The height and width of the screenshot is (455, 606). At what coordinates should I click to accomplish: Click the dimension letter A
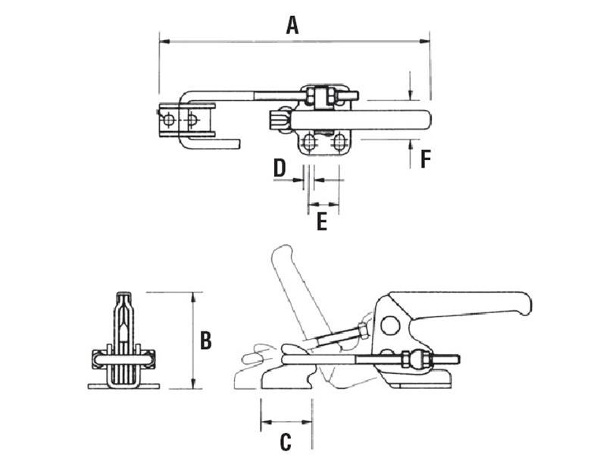click(292, 25)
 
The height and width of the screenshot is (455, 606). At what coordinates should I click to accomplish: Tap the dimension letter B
click(205, 340)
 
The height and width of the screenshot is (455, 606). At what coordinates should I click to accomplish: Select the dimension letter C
click(286, 441)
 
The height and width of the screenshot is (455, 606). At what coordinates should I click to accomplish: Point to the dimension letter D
click(280, 168)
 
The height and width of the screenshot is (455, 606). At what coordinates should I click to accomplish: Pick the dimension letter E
click(322, 221)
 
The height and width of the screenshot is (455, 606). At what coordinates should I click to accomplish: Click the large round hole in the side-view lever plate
click(389, 326)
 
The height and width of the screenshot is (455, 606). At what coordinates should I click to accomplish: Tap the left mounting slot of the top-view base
click(310, 142)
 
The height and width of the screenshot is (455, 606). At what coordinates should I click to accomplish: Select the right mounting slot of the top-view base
click(339, 142)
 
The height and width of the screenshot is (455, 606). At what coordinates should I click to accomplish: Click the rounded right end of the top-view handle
click(426, 120)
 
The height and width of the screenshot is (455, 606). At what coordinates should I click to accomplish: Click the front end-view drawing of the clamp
click(123, 345)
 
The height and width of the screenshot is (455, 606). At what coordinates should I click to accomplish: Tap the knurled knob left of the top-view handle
click(280, 120)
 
